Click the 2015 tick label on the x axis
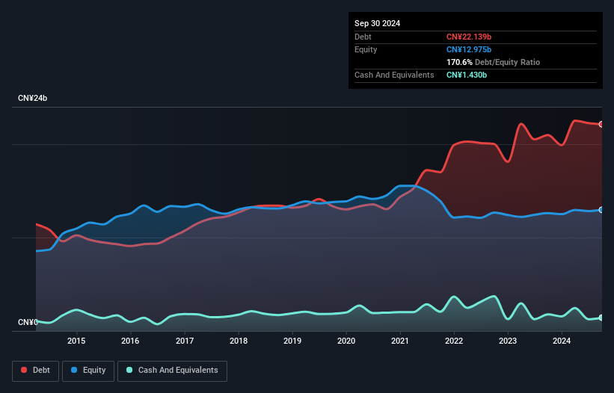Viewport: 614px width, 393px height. pyautogui.click(x=76, y=341)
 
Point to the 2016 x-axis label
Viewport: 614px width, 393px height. pyautogui.click(x=130, y=341)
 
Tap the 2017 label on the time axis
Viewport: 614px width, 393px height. pyautogui.click(x=185, y=341)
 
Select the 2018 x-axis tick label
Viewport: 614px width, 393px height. pyautogui.click(x=239, y=341)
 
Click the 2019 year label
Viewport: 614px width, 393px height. pyautogui.click(x=292, y=341)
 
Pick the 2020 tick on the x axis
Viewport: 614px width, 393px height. pyautogui.click(x=346, y=341)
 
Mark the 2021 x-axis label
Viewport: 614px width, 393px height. pyautogui.click(x=401, y=341)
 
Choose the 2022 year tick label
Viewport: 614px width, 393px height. pyautogui.click(x=455, y=341)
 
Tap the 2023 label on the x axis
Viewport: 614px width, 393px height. pyautogui.click(x=509, y=341)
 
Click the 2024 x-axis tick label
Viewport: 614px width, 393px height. pyautogui.click(x=562, y=341)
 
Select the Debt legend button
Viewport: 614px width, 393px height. pyautogui.click(x=35, y=371)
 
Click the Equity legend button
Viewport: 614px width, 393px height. pyautogui.click(x=89, y=371)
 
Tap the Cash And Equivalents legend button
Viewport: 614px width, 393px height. pyautogui.click(x=172, y=371)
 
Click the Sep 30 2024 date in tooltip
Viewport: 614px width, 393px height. pyautogui.click(x=378, y=23)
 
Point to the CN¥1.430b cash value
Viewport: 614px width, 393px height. pyautogui.click(x=467, y=75)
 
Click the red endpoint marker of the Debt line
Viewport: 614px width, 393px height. pyautogui.click(x=601, y=124)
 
